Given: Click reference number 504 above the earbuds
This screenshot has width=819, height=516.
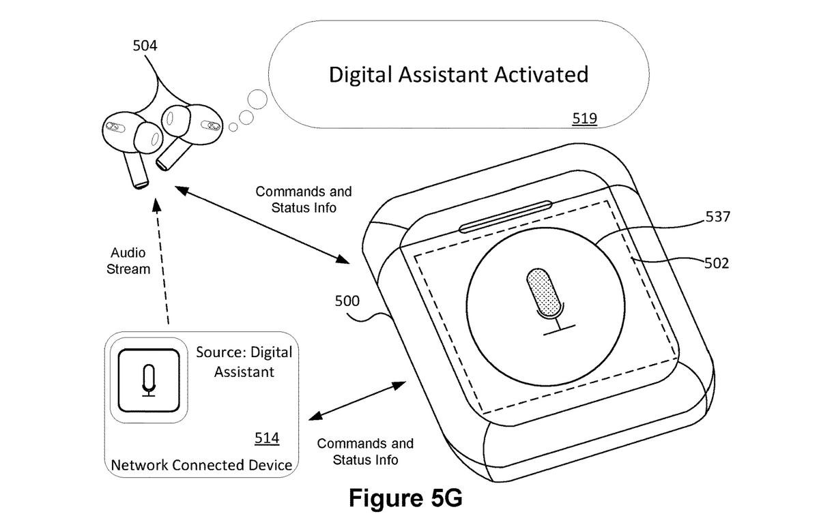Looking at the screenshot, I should (x=144, y=46).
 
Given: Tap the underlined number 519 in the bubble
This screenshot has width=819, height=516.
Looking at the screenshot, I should (x=585, y=119).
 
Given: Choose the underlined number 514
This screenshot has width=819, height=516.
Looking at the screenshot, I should (x=267, y=438).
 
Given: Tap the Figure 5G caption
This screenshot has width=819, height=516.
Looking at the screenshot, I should (x=405, y=498).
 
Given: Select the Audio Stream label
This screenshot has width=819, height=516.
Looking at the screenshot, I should (x=128, y=260).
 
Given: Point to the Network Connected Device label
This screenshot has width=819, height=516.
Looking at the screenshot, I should (x=201, y=466).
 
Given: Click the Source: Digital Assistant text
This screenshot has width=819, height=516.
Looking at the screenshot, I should (x=244, y=362).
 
